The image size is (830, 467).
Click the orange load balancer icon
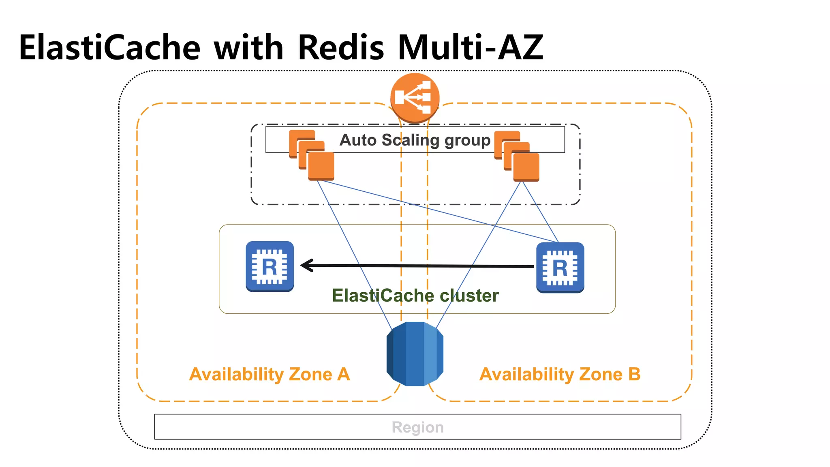(x=415, y=98)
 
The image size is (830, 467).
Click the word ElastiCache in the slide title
(x=109, y=48)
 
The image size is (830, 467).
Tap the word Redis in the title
(x=340, y=48)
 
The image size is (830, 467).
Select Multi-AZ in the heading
(x=470, y=48)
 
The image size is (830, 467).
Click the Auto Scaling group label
(x=415, y=140)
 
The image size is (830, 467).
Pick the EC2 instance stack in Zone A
(x=312, y=155)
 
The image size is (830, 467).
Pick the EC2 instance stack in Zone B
(x=517, y=156)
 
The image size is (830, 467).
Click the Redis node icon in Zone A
(x=270, y=266)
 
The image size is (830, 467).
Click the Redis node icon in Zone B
(x=560, y=268)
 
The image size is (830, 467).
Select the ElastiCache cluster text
(x=415, y=296)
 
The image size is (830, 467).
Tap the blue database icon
(x=415, y=354)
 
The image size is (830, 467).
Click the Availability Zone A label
(x=270, y=374)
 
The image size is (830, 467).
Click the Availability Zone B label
(x=560, y=374)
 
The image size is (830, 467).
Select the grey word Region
(x=417, y=427)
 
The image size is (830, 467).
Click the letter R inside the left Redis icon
(x=270, y=267)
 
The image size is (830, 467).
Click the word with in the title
(x=248, y=48)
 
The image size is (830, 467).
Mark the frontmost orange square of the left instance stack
(x=321, y=166)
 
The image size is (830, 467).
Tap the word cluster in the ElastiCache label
(x=469, y=296)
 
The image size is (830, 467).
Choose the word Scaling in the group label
(x=410, y=140)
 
